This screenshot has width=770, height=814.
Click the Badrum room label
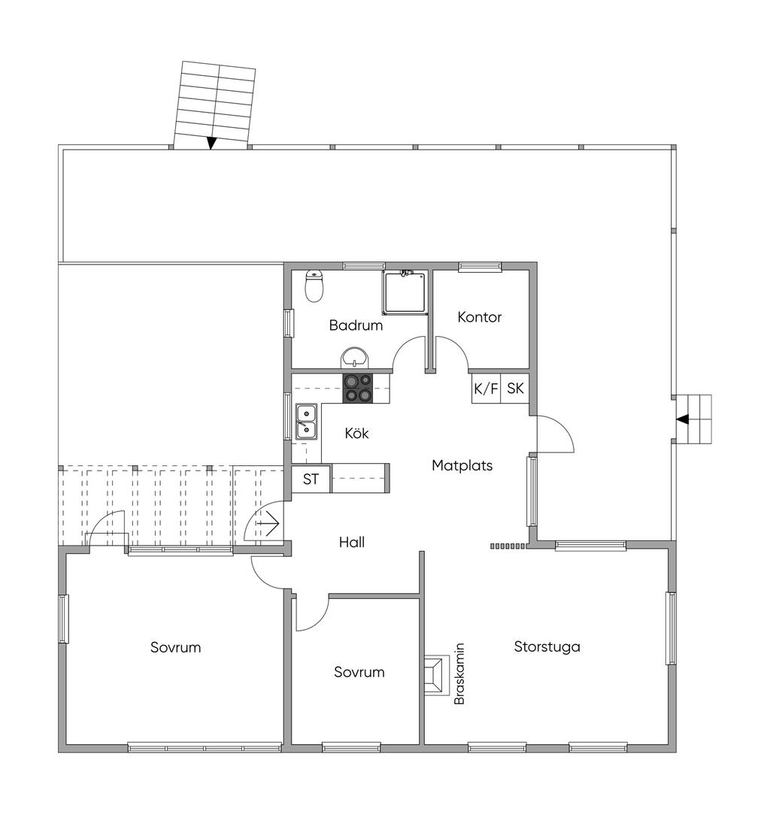(x=356, y=325)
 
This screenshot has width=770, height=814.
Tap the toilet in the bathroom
(x=314, y=286)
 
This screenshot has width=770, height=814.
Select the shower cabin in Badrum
(x=405, y=292)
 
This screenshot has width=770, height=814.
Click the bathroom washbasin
(x=355, y=358)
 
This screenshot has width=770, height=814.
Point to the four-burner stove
(x=358, y=389)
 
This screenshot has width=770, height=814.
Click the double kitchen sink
(x=306, y=422)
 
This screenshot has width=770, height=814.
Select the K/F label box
(x=486, y=389)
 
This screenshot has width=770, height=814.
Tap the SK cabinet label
(x=515, y=389)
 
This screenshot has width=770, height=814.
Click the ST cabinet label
(x=311, y=479)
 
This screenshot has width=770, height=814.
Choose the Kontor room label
(x=479, y=317)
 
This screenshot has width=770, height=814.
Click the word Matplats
(x=462, y=466)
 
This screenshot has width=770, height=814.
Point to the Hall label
(x=351, y=543)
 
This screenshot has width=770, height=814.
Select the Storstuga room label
(x=547, y=647)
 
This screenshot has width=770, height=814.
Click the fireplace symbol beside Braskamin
(x=436, y=676)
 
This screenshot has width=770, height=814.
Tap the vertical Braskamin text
(x=459, y=674)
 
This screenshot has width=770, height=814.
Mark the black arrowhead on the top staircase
(x=211, y=143)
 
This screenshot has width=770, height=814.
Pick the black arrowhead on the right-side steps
(x=683, y=419)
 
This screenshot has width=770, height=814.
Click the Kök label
(x=356, y=433)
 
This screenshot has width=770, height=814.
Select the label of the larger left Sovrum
(x=175, y=647)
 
